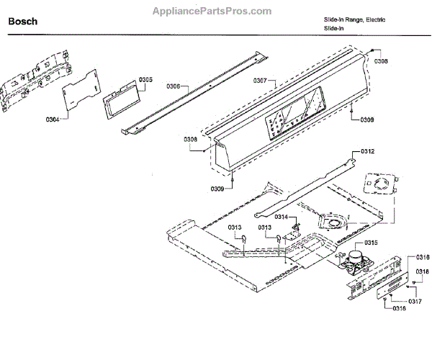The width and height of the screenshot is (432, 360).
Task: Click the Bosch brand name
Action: click(x=23, y=22)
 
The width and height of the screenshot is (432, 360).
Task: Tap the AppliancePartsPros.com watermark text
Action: click(x=213, y=12)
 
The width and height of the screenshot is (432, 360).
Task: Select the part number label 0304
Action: click(x=52, y=118)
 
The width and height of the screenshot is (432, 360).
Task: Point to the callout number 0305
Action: click(x=146, y=79)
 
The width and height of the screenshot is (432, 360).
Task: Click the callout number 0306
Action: click(x=174, y=86)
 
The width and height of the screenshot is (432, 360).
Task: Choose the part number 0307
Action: click(x=260, y=80)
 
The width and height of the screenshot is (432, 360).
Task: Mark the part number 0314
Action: click(x=261, y=217)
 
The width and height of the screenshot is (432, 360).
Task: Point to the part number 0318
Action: click(x=423, y=271)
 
